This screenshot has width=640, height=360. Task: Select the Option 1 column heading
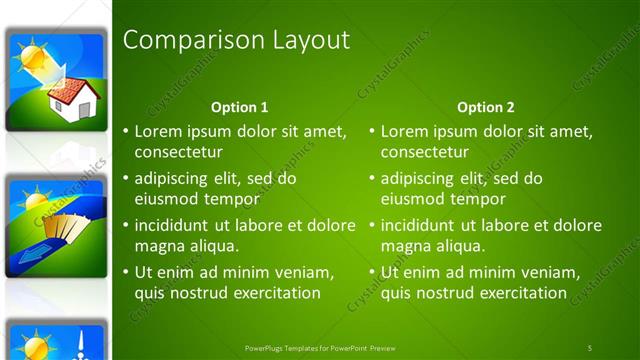tap(240, 107)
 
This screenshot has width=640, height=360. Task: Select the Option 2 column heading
tap(486, 107)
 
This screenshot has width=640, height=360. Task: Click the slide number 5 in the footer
tap(589, 347)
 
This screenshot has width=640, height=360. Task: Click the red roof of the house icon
tap(68, 89)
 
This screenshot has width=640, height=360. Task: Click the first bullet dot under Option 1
tap(125, 131)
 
